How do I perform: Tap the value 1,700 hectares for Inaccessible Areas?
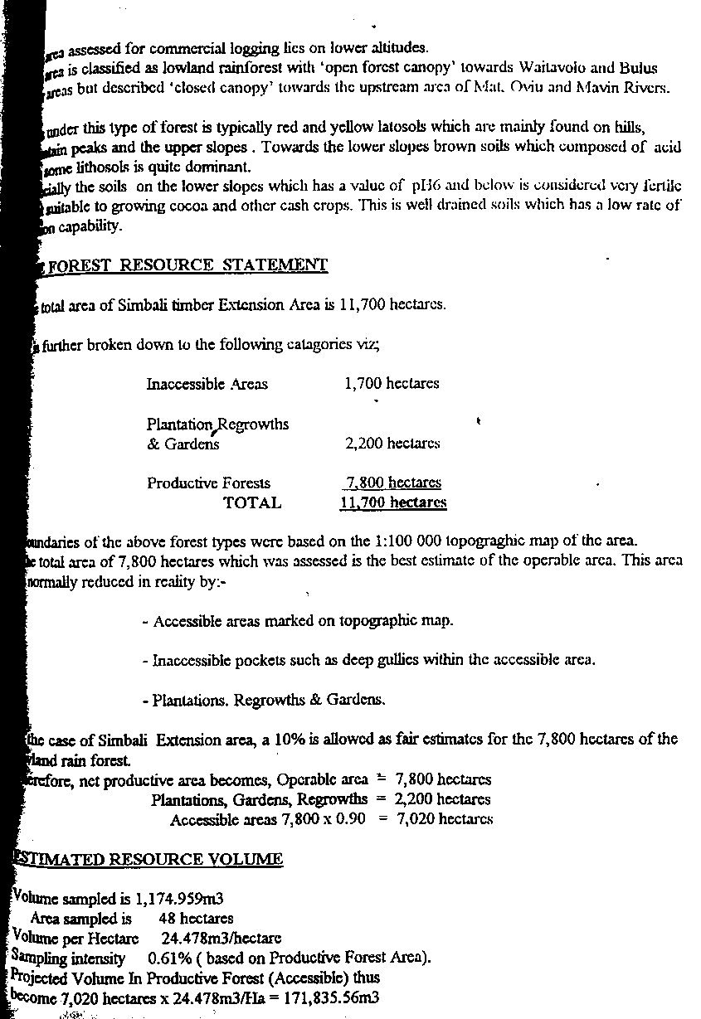(392, 383)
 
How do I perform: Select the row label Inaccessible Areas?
(207, 384)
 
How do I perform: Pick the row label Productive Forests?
(208, 483)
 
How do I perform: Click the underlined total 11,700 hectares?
(393, 502)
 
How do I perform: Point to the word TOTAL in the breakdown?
(252, 502)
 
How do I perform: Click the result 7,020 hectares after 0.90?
(445, 819)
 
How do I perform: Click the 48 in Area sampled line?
(167, 919)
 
